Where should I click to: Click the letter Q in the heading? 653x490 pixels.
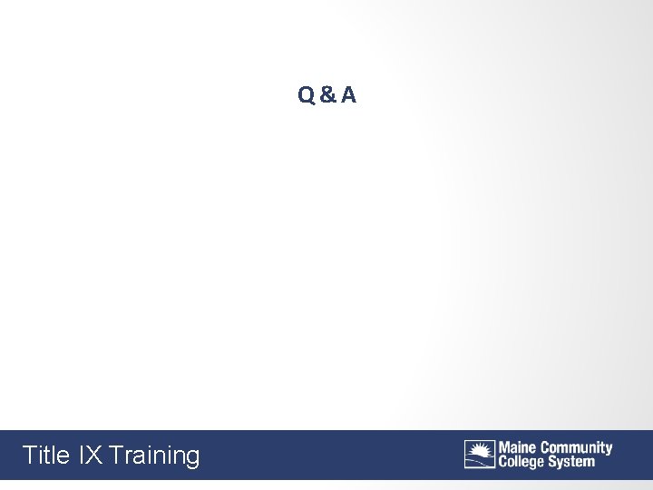click(x=306, y=94)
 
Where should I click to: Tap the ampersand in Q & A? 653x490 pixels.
click(x=327, y=94)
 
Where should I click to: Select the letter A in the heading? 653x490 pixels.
click(x=349, y=94)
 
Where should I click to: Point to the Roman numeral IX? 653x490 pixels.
click(x=91, y=455)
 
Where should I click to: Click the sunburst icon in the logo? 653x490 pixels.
click(x=480, y=454)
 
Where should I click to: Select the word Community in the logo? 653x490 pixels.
click(x=577, y=448)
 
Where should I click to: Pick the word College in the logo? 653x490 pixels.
click(x=520, y=461)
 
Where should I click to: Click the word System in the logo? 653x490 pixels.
click(x=570, y=462)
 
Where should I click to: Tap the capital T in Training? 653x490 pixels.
click(x=116, y=455)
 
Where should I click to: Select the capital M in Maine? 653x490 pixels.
click(x=503, y=447)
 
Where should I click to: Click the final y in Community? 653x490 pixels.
click(x=609, y=450)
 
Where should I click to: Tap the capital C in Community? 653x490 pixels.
click(x=546, y=447)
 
